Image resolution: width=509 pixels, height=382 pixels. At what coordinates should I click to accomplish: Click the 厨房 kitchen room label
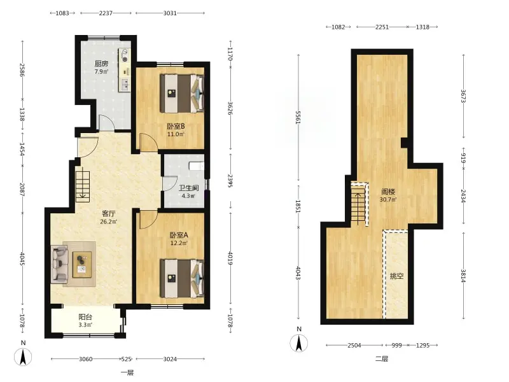pos(101,64)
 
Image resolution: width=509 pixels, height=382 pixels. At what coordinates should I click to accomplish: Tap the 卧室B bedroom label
pos(176,126)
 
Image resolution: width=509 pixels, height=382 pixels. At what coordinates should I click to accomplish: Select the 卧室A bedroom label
pos(179,235)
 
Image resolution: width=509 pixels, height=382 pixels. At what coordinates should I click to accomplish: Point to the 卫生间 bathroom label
pos(188,188)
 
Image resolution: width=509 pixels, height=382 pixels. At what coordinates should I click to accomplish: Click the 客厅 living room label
pos(108,214)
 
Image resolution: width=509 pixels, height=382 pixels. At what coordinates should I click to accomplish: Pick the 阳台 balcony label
pos(85,316)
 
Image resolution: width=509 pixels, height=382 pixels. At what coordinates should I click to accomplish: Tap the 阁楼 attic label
pos(388,192)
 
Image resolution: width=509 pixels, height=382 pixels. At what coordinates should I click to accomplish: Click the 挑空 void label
pos(396,276)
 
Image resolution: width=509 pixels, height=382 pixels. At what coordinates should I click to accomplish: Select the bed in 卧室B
pos(182,94)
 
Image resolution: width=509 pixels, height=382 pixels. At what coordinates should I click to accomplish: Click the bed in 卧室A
pos(182,278)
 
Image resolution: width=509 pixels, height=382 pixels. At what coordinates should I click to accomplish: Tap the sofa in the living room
pos(59,264)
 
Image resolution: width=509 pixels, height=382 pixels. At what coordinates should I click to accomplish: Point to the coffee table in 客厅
pos(82,264)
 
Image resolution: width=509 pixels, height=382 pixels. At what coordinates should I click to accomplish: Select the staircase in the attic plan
pos(359,204)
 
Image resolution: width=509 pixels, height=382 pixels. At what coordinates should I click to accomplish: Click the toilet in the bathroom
pos(197,166)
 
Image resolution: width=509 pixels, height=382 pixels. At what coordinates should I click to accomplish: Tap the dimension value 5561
pos(298,117)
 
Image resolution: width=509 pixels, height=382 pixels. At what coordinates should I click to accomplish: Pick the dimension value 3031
pos(170,13)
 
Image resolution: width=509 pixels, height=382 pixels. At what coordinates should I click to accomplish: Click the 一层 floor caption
pos(127,372)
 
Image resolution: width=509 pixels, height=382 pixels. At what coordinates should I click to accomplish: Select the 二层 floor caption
pos(382,359)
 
